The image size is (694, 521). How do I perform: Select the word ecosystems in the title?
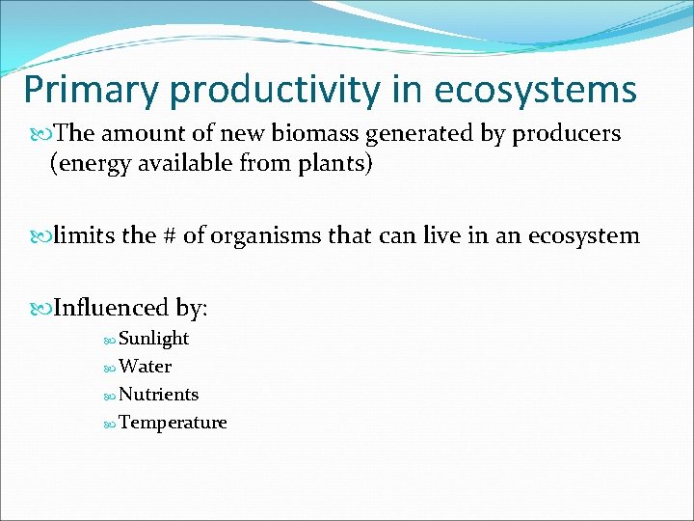click(535, 91)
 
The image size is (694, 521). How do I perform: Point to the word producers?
click(564, 134)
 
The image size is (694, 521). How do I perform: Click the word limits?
click(86, 235)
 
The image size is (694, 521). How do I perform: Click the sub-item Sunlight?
click(153, 339)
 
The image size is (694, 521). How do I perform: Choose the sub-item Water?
click(145, 367)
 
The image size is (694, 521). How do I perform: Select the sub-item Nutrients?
click(158, 395)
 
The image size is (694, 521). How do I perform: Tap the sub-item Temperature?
click(173, 423)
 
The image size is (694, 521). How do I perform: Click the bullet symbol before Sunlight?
click(109, 340)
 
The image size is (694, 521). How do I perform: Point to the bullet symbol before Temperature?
click(109, 424)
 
